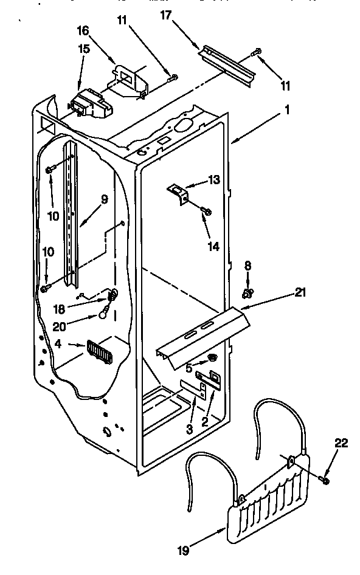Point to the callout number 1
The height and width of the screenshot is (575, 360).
tap(286, 111)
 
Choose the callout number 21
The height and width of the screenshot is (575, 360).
tap(299, 293)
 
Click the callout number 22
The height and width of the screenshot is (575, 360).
tap(341, 443)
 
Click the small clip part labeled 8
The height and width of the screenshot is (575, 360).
tap(247, 293)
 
